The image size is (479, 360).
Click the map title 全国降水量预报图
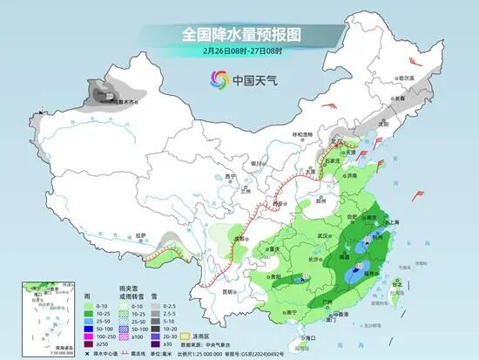239,34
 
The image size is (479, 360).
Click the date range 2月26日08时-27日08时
239,51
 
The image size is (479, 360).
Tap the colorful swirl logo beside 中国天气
217,80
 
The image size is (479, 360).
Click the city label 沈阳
382,124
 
